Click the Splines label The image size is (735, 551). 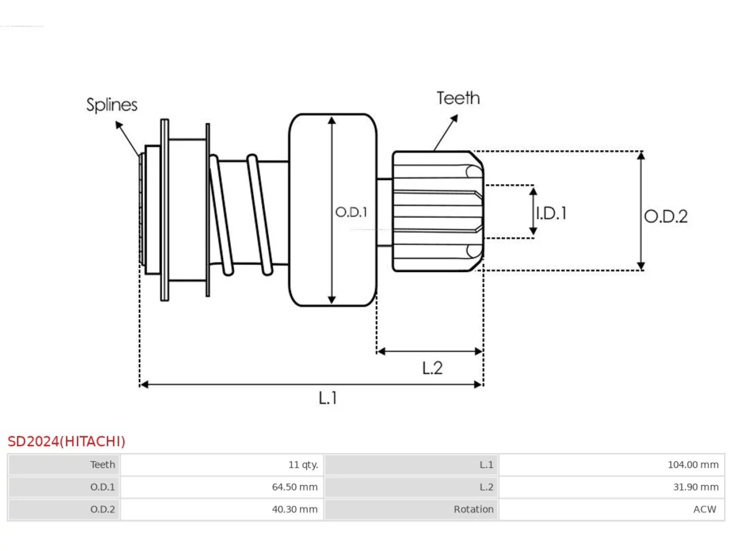click(112, 105)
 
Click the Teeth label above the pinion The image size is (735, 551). click(458, 98)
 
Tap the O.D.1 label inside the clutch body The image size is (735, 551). click(351, 212)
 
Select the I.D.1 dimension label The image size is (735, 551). click(551, 214)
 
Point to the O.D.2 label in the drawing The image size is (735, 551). click(666, 216)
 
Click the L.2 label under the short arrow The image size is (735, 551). click(432, 368)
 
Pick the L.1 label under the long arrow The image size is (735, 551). click(327, 398)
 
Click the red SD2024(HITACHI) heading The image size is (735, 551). click(66, 441)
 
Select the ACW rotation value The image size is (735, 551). click(705, 509)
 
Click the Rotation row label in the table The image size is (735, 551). click(474, 509)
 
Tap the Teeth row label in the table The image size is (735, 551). click(102, 465)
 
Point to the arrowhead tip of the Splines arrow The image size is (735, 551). click(116, 122)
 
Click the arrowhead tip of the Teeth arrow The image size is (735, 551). click(458, 115)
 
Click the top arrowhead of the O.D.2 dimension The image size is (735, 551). click(641, 152)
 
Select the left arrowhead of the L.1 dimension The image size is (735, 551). click(140, 385)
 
